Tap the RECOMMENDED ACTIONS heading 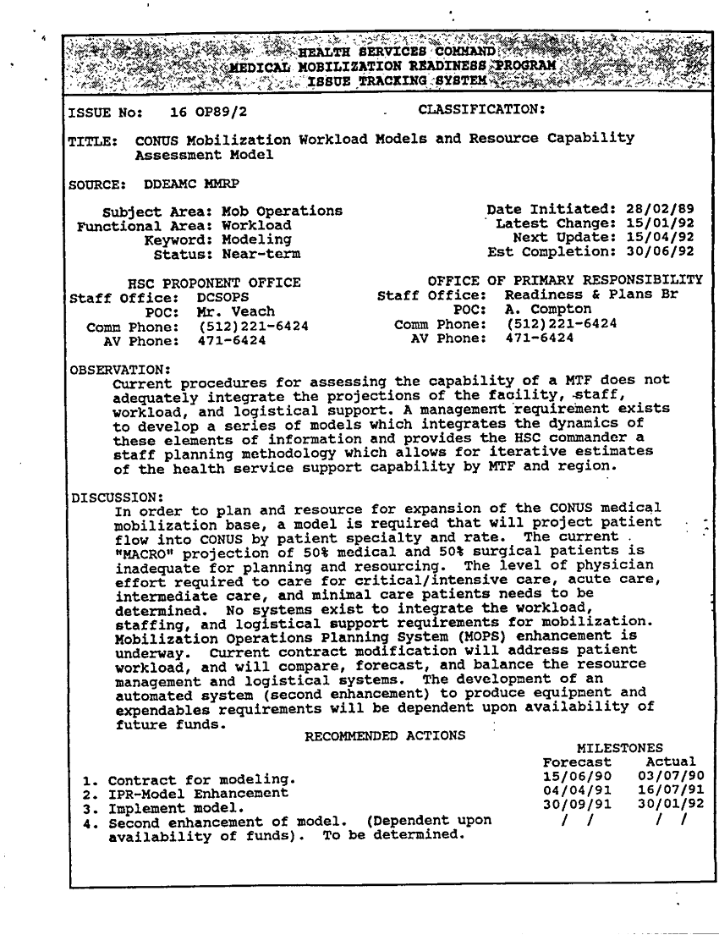click(x=384, y=734)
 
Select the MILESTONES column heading click(x=619, y=748)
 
